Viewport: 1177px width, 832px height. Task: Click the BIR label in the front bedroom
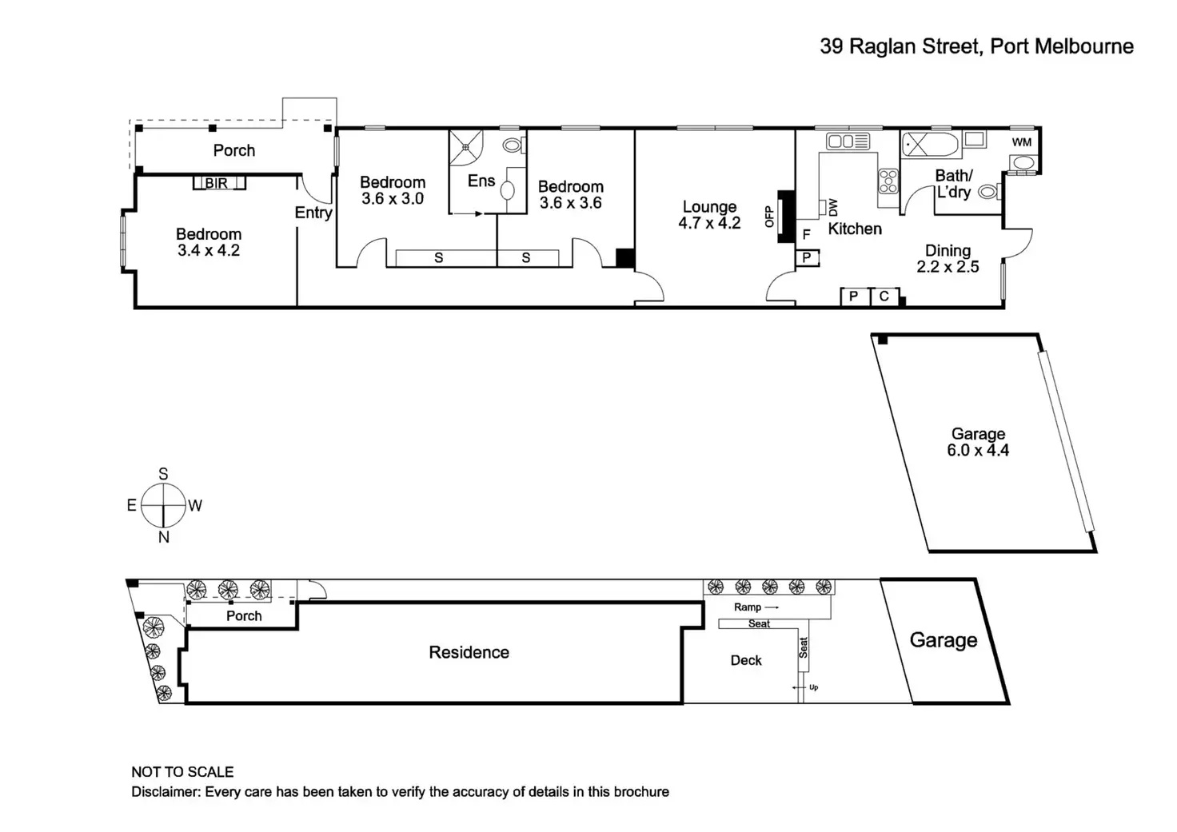(216, 183)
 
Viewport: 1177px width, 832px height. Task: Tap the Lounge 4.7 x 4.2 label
(709, 215)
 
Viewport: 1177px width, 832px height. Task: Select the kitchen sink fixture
(848, 141)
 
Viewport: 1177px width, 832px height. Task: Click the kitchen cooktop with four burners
(888, 181)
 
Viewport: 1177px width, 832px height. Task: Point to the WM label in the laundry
(1021, 142)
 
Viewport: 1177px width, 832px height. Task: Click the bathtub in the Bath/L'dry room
(931, 145)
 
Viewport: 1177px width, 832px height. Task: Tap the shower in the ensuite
(466, 148)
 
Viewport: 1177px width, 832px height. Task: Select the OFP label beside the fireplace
(769, 217)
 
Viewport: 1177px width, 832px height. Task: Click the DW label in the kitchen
(833, 208)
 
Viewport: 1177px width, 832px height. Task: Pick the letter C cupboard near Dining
(884, 297)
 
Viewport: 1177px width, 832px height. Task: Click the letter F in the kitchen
(806, 233)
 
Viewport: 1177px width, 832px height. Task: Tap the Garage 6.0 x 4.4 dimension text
(978, 450)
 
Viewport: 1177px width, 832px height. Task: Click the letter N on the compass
(163, 537)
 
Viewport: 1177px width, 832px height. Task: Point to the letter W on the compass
(195, 505)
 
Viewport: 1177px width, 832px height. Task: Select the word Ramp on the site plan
(747, 607)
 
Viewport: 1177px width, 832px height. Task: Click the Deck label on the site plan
(745, 660)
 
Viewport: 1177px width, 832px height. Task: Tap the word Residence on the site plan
(469, 652)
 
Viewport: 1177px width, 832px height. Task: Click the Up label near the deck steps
(813, 687)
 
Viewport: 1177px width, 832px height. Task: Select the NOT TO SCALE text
(182, 771)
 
